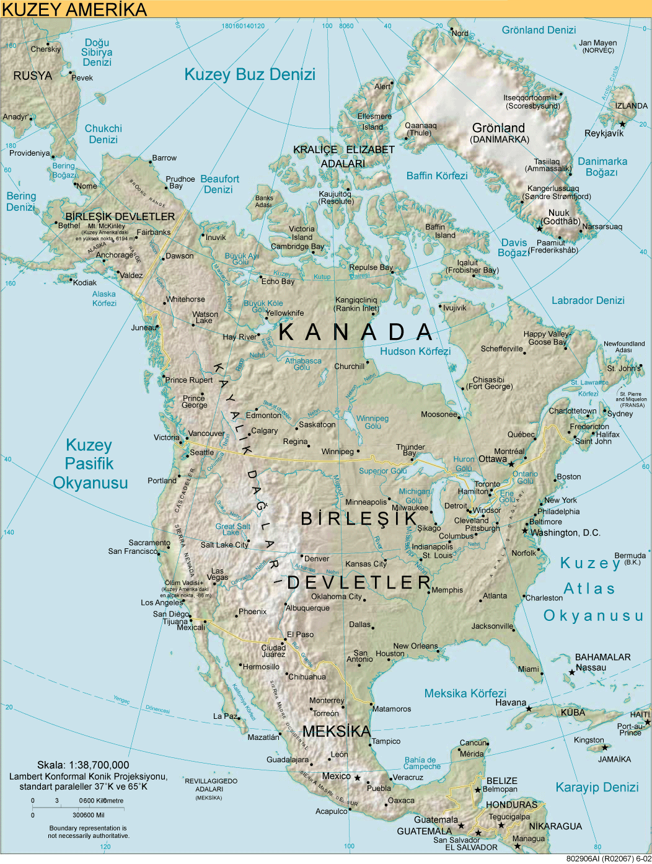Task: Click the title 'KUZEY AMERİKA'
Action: click(74, 9)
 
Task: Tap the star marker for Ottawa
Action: click(511, 464)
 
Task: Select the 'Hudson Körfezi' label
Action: click(415, 351)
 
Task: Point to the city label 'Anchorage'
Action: click(115, 255)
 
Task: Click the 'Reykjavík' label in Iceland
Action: click(604, 133)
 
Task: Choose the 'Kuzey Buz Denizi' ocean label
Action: click(250, 74)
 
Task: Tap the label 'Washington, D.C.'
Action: click(565, 533)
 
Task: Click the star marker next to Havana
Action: click(529, 708)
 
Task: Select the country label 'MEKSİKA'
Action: click(337, 731)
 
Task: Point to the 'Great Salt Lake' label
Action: click(232, 529)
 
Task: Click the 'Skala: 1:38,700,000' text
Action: click(83, 765)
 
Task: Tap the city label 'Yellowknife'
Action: click(285, 313)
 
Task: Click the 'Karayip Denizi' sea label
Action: click(597, 787)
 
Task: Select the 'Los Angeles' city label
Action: click(162, 602)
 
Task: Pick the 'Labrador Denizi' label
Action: click(588, 300)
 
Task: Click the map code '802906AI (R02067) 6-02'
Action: click(609, 859)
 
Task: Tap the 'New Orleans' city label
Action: click(415, 646)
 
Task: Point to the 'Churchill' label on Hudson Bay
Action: click(349, 367)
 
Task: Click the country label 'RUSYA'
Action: click(33, 76)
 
